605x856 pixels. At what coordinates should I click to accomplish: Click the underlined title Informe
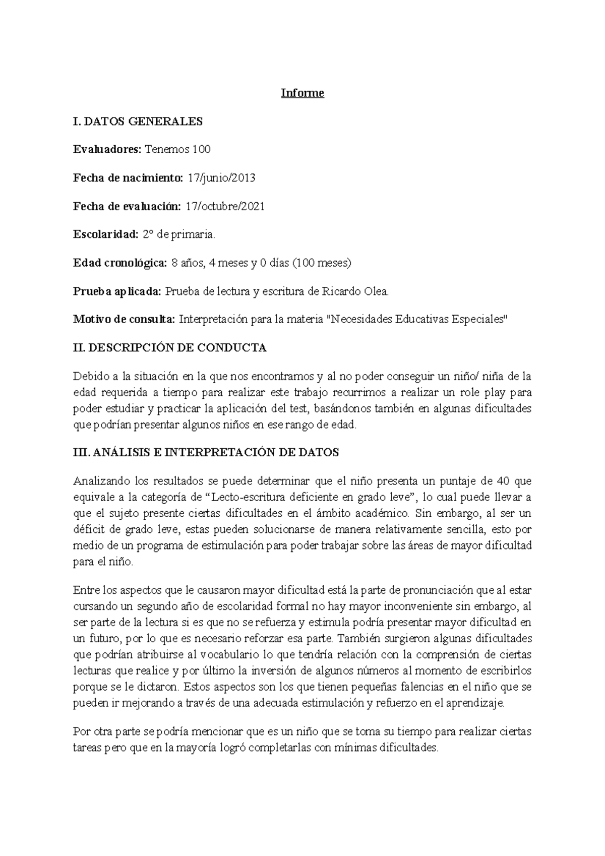click(302, 93)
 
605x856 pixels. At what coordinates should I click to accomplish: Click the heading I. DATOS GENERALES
click(138, 121)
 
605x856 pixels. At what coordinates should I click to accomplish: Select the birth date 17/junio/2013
click(221, 178)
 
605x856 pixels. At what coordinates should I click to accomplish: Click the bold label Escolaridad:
click(105, 234)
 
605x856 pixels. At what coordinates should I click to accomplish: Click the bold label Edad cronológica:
click(119, 263)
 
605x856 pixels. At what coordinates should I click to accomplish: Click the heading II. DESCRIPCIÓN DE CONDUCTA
click(169, 348)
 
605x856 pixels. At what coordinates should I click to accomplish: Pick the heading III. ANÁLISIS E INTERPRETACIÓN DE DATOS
click(206, 453)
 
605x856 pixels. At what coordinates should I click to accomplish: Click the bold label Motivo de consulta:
click(124, 320)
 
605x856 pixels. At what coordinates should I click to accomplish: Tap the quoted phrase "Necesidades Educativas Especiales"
click(417, 320)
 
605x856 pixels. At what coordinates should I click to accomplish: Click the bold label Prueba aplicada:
click(117, 291)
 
